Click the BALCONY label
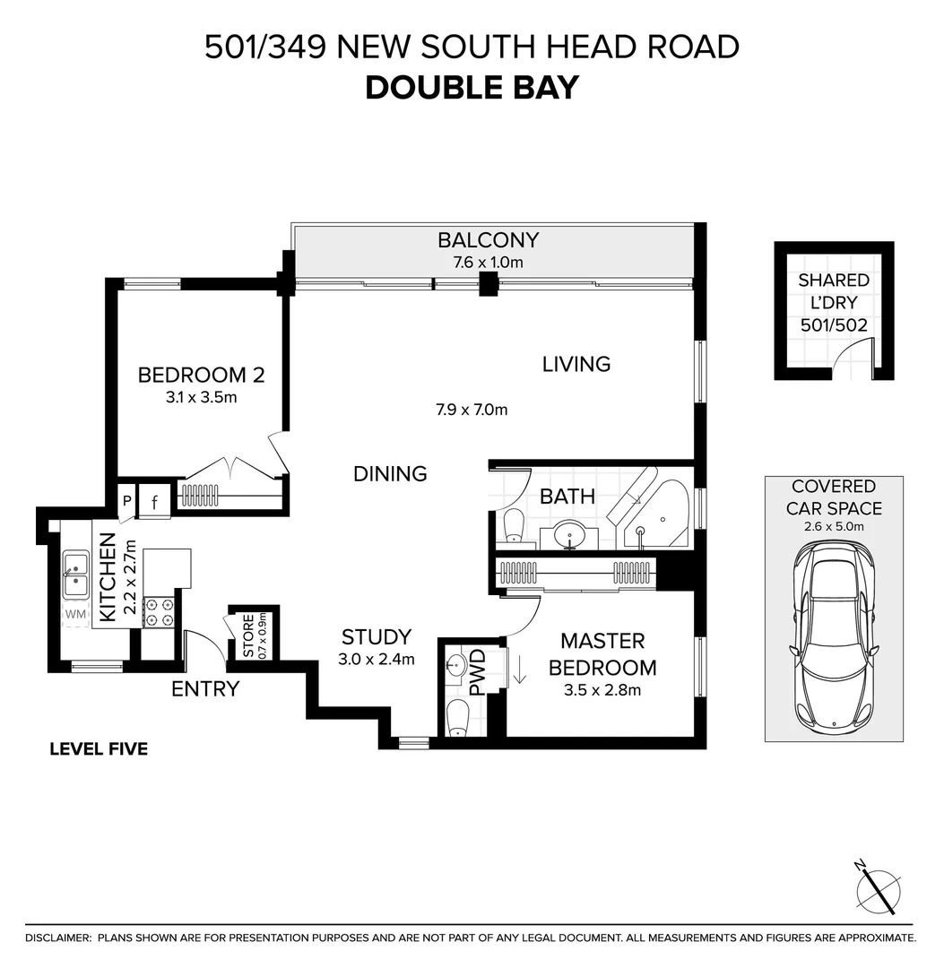click(488, 240)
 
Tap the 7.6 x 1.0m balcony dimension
click(488, 263)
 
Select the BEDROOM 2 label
click(201, 375)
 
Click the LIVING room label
click(576, 364)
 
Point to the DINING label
click(389, 473)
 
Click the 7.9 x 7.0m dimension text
click(472, 411)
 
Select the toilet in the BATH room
click(513, 525)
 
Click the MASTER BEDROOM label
click(602, 654)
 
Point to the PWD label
click(477, 673)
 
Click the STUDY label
click(377, 637)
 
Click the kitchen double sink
click(74, 575)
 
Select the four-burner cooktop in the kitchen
click(160, 612)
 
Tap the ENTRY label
click(205, 688)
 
